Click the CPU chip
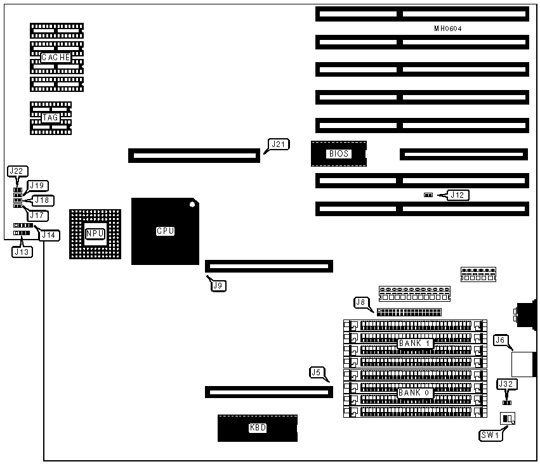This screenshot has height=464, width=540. [x=165, y=231]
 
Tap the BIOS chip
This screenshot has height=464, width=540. [x=338, y=153]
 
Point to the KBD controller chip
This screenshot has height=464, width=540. [x=257, y=428]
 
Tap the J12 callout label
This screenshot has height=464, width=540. [x=458, y=195]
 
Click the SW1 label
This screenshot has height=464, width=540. [x=491, y=435]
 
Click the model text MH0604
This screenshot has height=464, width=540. [x=447, y=29]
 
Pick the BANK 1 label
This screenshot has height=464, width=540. [x=415, y=344]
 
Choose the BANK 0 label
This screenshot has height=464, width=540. [x=415, y=393]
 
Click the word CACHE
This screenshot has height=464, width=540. [x=56, y=57]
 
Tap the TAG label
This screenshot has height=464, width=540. [x=50, y=117]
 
